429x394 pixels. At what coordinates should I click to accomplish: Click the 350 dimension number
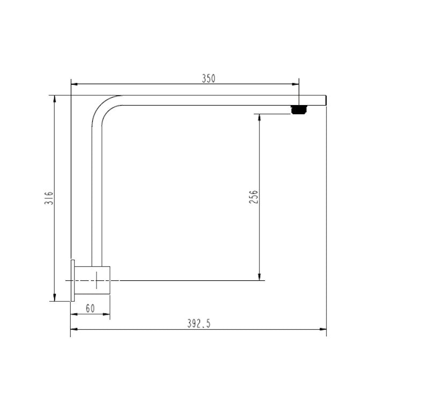pos(208,78)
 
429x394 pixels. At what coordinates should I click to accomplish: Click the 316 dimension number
pos(48,198)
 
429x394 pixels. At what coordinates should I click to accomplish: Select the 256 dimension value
pos(254,196)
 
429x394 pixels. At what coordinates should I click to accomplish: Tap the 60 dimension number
pos(90,308)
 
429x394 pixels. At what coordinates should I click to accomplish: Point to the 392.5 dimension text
pos(199,323)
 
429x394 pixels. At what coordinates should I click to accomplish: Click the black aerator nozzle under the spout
pos(299,110)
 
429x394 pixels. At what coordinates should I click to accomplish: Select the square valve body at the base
pos(92,280)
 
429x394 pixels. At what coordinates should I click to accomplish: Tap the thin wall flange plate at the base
pos(71,280)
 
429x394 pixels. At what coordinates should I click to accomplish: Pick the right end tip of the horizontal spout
pos(325,100)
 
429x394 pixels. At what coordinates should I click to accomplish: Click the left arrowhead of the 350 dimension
pos(74,84)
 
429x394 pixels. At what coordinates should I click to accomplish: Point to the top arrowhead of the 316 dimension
pos(55,99)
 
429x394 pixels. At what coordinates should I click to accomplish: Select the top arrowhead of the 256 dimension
pos(260,117)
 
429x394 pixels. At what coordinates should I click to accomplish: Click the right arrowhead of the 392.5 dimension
pos(323,329)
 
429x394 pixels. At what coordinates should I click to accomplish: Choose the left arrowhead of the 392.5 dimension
pos(74,329)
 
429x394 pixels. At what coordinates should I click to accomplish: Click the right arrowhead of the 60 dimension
pos(107,314)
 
